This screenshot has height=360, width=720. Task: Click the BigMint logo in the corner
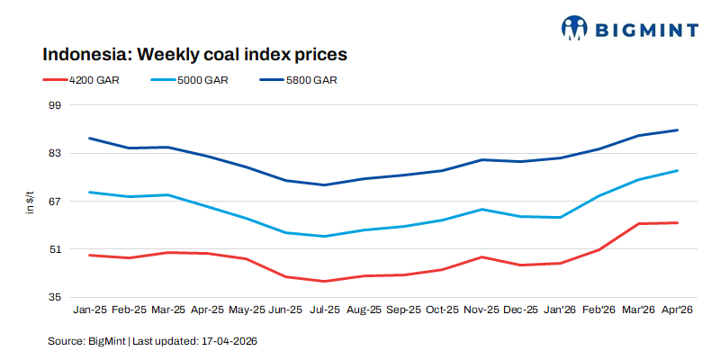click(x=629, y=28)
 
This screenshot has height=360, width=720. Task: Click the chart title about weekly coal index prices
click(x=195, y=54)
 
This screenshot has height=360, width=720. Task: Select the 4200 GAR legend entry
click(x=81, y=80)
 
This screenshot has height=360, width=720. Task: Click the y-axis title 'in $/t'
click(x=31, y=202)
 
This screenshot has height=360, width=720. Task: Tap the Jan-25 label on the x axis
click(x=89, y=310)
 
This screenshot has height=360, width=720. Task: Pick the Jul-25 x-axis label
click(x=325, y=310)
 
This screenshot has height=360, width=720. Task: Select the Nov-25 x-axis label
click(x=481, y=310)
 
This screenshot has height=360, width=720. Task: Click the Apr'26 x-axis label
click(x=677, y=310)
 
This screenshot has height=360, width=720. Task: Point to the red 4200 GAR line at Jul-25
click(x=325, y=281)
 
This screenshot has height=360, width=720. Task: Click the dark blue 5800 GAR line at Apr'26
click(x=677, y=130)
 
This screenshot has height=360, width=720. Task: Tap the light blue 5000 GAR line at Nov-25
click(x=481, y=210)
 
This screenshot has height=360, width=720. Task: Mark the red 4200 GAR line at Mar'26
click(x=638, y=223)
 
